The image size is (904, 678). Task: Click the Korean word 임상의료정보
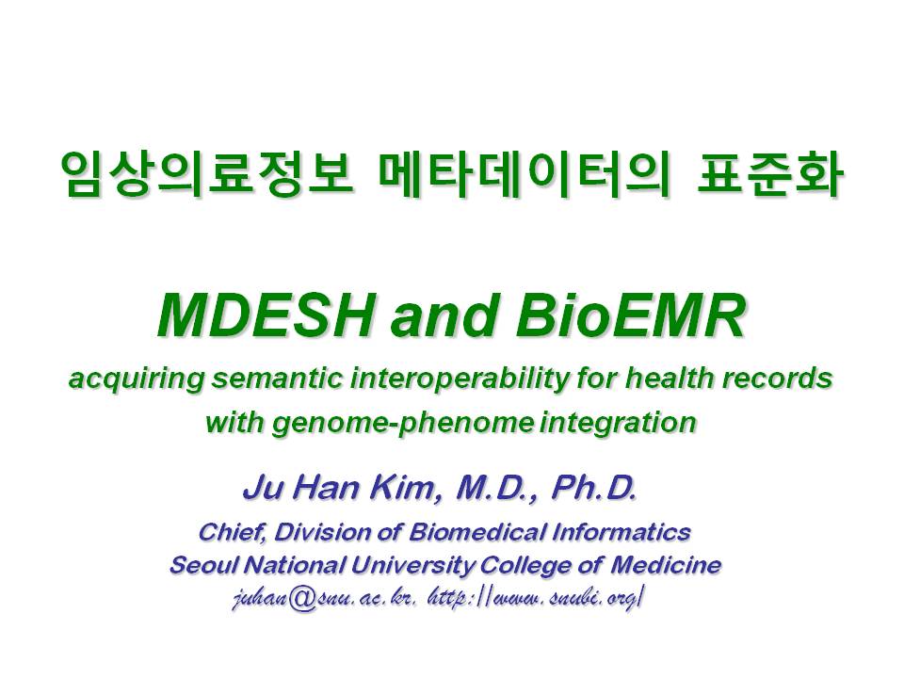[x=206, y=173]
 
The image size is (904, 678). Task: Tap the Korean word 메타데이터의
[x=523, y=173]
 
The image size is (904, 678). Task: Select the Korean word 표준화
[x=768, y=173]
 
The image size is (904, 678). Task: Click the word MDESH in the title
[x=264, y=316]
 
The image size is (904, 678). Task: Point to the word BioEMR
[x=630, y=316]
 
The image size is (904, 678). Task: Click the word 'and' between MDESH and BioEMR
[x=443, y=317]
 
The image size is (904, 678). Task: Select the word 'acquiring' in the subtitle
[x=137, y=379]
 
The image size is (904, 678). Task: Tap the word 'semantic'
[x=277, y=379]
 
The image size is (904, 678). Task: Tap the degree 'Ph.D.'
[x=594, y=488]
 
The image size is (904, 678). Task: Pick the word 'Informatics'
[x=621, y=531]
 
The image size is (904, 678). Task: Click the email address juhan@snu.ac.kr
[x=324, y=599]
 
